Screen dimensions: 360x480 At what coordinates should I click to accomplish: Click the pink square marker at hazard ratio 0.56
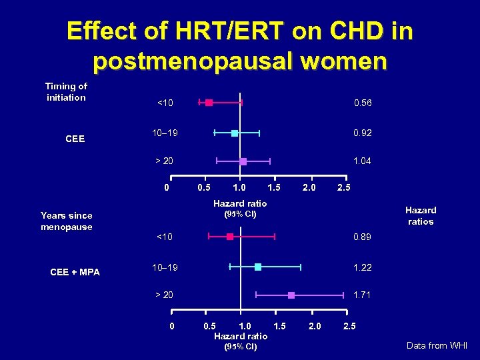coord(209,103)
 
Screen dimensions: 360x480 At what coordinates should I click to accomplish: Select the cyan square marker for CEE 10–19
coord(235,133)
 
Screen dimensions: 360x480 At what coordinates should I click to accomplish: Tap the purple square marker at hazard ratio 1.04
coord(243,161)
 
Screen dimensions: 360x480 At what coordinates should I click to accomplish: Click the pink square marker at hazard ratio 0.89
coord(230,237)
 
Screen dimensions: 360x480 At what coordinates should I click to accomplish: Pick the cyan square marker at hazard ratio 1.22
coord(258,267)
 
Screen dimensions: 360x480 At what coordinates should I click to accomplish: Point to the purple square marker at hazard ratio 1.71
coord(291,295)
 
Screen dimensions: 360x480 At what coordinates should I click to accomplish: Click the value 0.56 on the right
coord(363,103)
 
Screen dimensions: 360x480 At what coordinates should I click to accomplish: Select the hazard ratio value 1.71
coord(363,295)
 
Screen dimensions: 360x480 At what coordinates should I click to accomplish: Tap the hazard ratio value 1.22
coord(363,267)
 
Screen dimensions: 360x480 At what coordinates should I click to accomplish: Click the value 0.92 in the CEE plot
coord(363,133)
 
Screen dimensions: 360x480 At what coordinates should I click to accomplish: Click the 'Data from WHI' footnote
coord(438,345)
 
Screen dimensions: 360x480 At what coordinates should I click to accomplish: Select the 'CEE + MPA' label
coord(75,272)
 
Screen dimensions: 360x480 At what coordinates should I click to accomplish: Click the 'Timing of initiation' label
coord(66,92)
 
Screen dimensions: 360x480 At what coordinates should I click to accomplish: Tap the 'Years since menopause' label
coord(66,221)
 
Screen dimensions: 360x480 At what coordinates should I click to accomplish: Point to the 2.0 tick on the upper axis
coord(309,188)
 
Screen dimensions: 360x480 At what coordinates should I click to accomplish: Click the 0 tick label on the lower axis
coord(172,326)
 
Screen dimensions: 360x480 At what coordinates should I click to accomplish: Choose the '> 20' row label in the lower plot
coord(164,295)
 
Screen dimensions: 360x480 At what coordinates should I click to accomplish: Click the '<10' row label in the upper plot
coord(165,103)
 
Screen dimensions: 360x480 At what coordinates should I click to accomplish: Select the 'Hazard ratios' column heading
coord(421,216)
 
